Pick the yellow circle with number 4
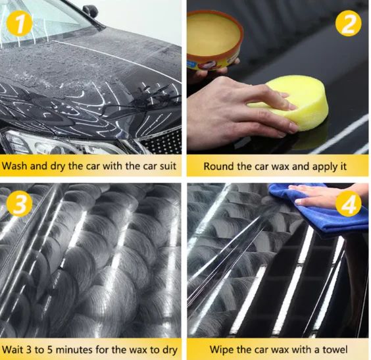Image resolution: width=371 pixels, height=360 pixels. pyautogui.click(x=347, y=205)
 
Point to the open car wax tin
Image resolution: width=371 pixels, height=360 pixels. pyautogui.click(x=214, y=39)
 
